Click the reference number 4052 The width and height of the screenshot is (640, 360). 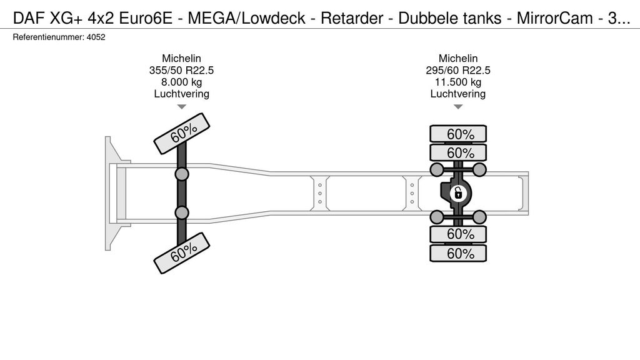point(96,37)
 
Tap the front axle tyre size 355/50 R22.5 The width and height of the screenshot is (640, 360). point(181,70)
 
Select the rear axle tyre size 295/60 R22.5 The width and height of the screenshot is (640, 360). point(457,70)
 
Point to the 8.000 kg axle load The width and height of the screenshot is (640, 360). point(181,82)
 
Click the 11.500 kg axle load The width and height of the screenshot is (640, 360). point(457,82)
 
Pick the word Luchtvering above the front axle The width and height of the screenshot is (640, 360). point(181,94)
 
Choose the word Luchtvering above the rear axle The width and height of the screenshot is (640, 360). point(457,94)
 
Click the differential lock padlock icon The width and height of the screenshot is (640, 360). point(458,193)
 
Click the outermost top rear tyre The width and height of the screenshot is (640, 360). point(458,134)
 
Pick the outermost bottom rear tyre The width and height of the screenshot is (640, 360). point(458,253)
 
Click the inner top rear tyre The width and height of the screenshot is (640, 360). point(458,152)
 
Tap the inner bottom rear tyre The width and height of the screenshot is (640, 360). point(458,234)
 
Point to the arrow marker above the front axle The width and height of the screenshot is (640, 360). point(181,107)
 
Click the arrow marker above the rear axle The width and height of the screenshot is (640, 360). point(457,107)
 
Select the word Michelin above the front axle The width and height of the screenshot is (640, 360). point(181,58)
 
